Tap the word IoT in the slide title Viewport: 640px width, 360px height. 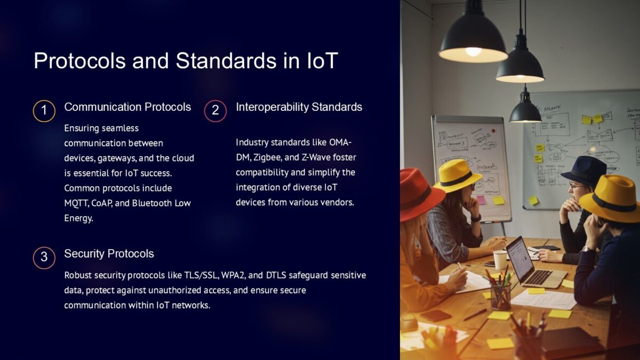[322, 61]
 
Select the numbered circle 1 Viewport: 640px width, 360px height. [44, 110]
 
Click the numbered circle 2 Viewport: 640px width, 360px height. [215, 110]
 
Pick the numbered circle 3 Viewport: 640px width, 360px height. [44, 257]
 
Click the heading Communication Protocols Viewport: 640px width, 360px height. [127, 107]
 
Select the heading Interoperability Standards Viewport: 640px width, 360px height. [299, 107]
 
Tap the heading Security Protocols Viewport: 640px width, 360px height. [109, 254]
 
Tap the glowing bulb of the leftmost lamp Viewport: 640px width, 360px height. [473, 52]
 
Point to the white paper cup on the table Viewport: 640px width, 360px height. [500, 260]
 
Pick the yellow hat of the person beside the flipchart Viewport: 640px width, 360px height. [457, 175]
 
